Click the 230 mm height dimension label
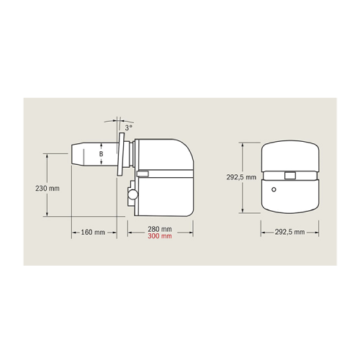46,189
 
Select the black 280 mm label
159,230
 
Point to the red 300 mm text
159,237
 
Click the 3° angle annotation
128,127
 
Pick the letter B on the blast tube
101,153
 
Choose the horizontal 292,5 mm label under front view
289,232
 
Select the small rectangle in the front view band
289,175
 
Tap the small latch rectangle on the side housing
143,174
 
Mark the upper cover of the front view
289,156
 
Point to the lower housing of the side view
166,196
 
